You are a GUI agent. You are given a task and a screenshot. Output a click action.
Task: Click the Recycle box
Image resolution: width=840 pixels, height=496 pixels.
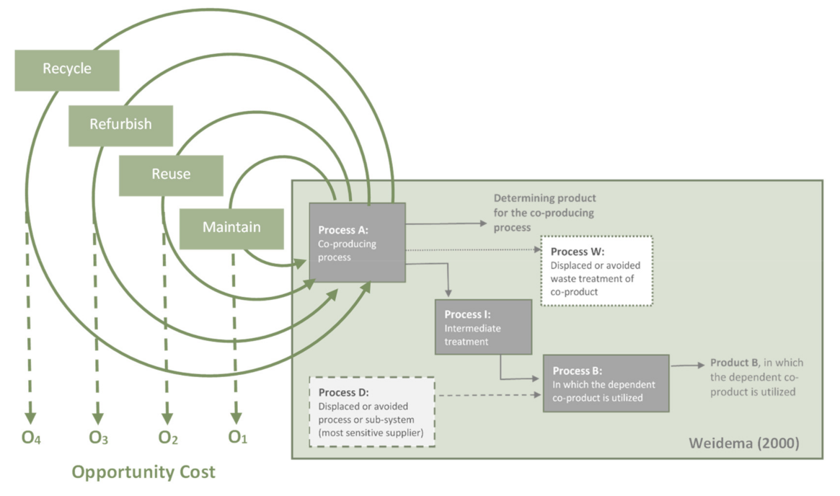pos(67,70)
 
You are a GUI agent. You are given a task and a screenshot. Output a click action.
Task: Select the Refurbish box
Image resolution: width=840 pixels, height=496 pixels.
pos(120,125)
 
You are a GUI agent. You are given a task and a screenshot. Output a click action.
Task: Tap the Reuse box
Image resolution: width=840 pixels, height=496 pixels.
pos(171,174)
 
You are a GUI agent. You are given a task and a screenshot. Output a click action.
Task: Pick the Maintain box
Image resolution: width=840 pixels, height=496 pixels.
pos(231,228)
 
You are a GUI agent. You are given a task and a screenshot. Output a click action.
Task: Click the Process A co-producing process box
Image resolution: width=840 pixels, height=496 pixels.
pos(357,242)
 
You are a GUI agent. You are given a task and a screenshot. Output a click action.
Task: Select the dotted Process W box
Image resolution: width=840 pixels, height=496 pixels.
pos(597,271)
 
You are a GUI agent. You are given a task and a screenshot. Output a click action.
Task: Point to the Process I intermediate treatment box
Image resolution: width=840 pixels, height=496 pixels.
pos(483,327)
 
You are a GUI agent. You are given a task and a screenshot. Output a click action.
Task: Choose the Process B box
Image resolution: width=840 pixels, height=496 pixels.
pos(606,383)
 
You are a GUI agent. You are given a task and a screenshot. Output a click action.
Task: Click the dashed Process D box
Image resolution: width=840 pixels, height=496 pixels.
pos(371,412)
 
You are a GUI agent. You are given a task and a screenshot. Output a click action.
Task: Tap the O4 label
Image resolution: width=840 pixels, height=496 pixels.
pos(30,437)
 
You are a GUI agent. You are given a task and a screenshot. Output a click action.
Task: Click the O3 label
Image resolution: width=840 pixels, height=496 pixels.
pos(99,437)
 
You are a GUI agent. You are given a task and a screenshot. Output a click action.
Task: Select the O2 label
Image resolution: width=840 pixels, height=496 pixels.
pos(167,437)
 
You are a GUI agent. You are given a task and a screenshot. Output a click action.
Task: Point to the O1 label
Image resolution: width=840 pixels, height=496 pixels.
pos(237,437)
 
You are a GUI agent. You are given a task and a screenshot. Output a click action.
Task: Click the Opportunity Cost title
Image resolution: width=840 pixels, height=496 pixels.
pos(143,473)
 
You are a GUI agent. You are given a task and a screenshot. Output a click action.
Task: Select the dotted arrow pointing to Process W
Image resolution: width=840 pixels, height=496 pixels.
pos(472,250)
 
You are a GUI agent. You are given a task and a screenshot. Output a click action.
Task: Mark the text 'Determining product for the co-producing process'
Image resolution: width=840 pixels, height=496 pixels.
pos(544,212)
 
